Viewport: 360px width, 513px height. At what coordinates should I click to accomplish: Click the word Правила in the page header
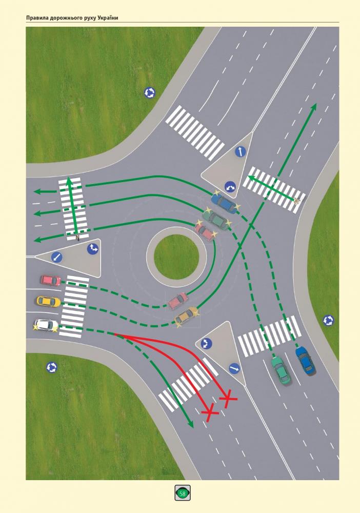click(37, 18)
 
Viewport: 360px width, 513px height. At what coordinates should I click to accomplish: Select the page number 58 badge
click(183, 492)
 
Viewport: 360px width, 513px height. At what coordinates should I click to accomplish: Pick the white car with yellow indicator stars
click(46, 326)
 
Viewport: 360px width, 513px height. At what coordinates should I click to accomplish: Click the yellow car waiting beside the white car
click(49, 301)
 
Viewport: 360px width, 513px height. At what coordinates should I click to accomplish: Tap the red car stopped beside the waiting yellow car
click(51, 281)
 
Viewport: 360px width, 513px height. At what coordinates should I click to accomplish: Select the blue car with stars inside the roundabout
click(224, 203)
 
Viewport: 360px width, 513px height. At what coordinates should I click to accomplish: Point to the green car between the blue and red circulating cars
click(216, 219)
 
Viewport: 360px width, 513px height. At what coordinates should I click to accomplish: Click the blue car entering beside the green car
click(306, 361)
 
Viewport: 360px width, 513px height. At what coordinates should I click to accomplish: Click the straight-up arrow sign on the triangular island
click(241, 152)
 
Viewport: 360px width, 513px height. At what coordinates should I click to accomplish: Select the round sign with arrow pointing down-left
click(56, 257)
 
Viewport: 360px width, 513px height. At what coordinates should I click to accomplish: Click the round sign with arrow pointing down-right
click(234, 368)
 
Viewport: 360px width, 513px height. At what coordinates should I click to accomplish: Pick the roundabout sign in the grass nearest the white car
click(52, 367)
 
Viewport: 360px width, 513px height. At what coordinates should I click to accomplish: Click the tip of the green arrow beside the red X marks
click(192, 427)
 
